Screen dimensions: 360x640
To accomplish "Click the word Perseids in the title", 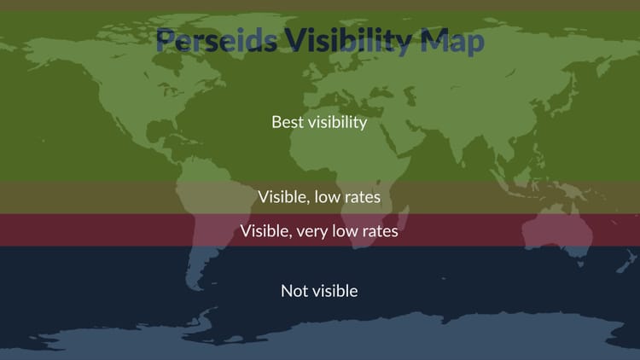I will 217,41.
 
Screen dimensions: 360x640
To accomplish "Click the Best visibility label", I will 319,122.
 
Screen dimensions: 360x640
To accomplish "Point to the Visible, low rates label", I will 319,197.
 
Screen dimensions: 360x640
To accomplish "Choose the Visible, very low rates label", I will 319,230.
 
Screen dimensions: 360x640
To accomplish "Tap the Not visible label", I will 319,291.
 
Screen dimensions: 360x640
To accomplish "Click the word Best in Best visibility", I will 287,122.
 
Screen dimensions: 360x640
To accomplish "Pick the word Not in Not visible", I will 294,291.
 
